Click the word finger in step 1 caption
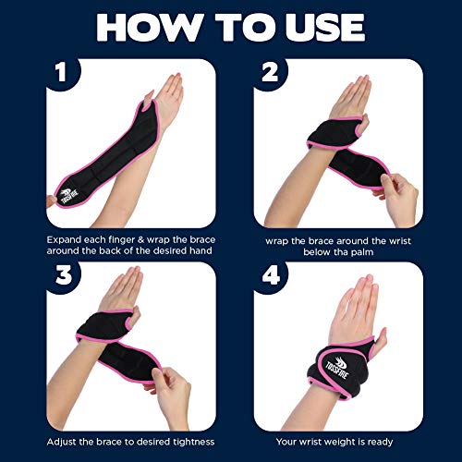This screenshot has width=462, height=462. tap(127, 239)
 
